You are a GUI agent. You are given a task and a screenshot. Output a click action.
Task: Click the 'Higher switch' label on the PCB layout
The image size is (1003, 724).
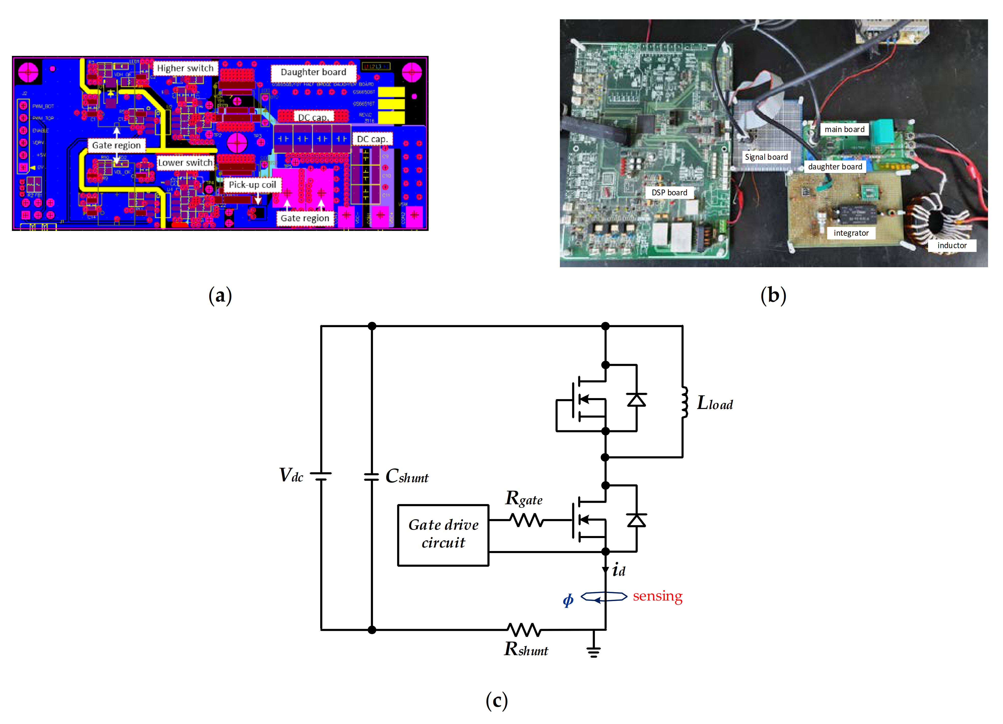pos(185,68)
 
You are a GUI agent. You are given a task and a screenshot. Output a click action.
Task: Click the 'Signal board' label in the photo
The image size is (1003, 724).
pos(766,157)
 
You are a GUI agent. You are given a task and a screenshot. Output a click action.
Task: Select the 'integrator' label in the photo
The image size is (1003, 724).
pos(851,233)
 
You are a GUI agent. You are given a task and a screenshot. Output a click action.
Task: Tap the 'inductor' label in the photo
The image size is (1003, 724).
pos(952,246)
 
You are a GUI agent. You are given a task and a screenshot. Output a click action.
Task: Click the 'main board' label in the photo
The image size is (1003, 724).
pos(844,129)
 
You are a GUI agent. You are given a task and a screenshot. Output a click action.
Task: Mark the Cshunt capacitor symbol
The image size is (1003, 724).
pos(371,477)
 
